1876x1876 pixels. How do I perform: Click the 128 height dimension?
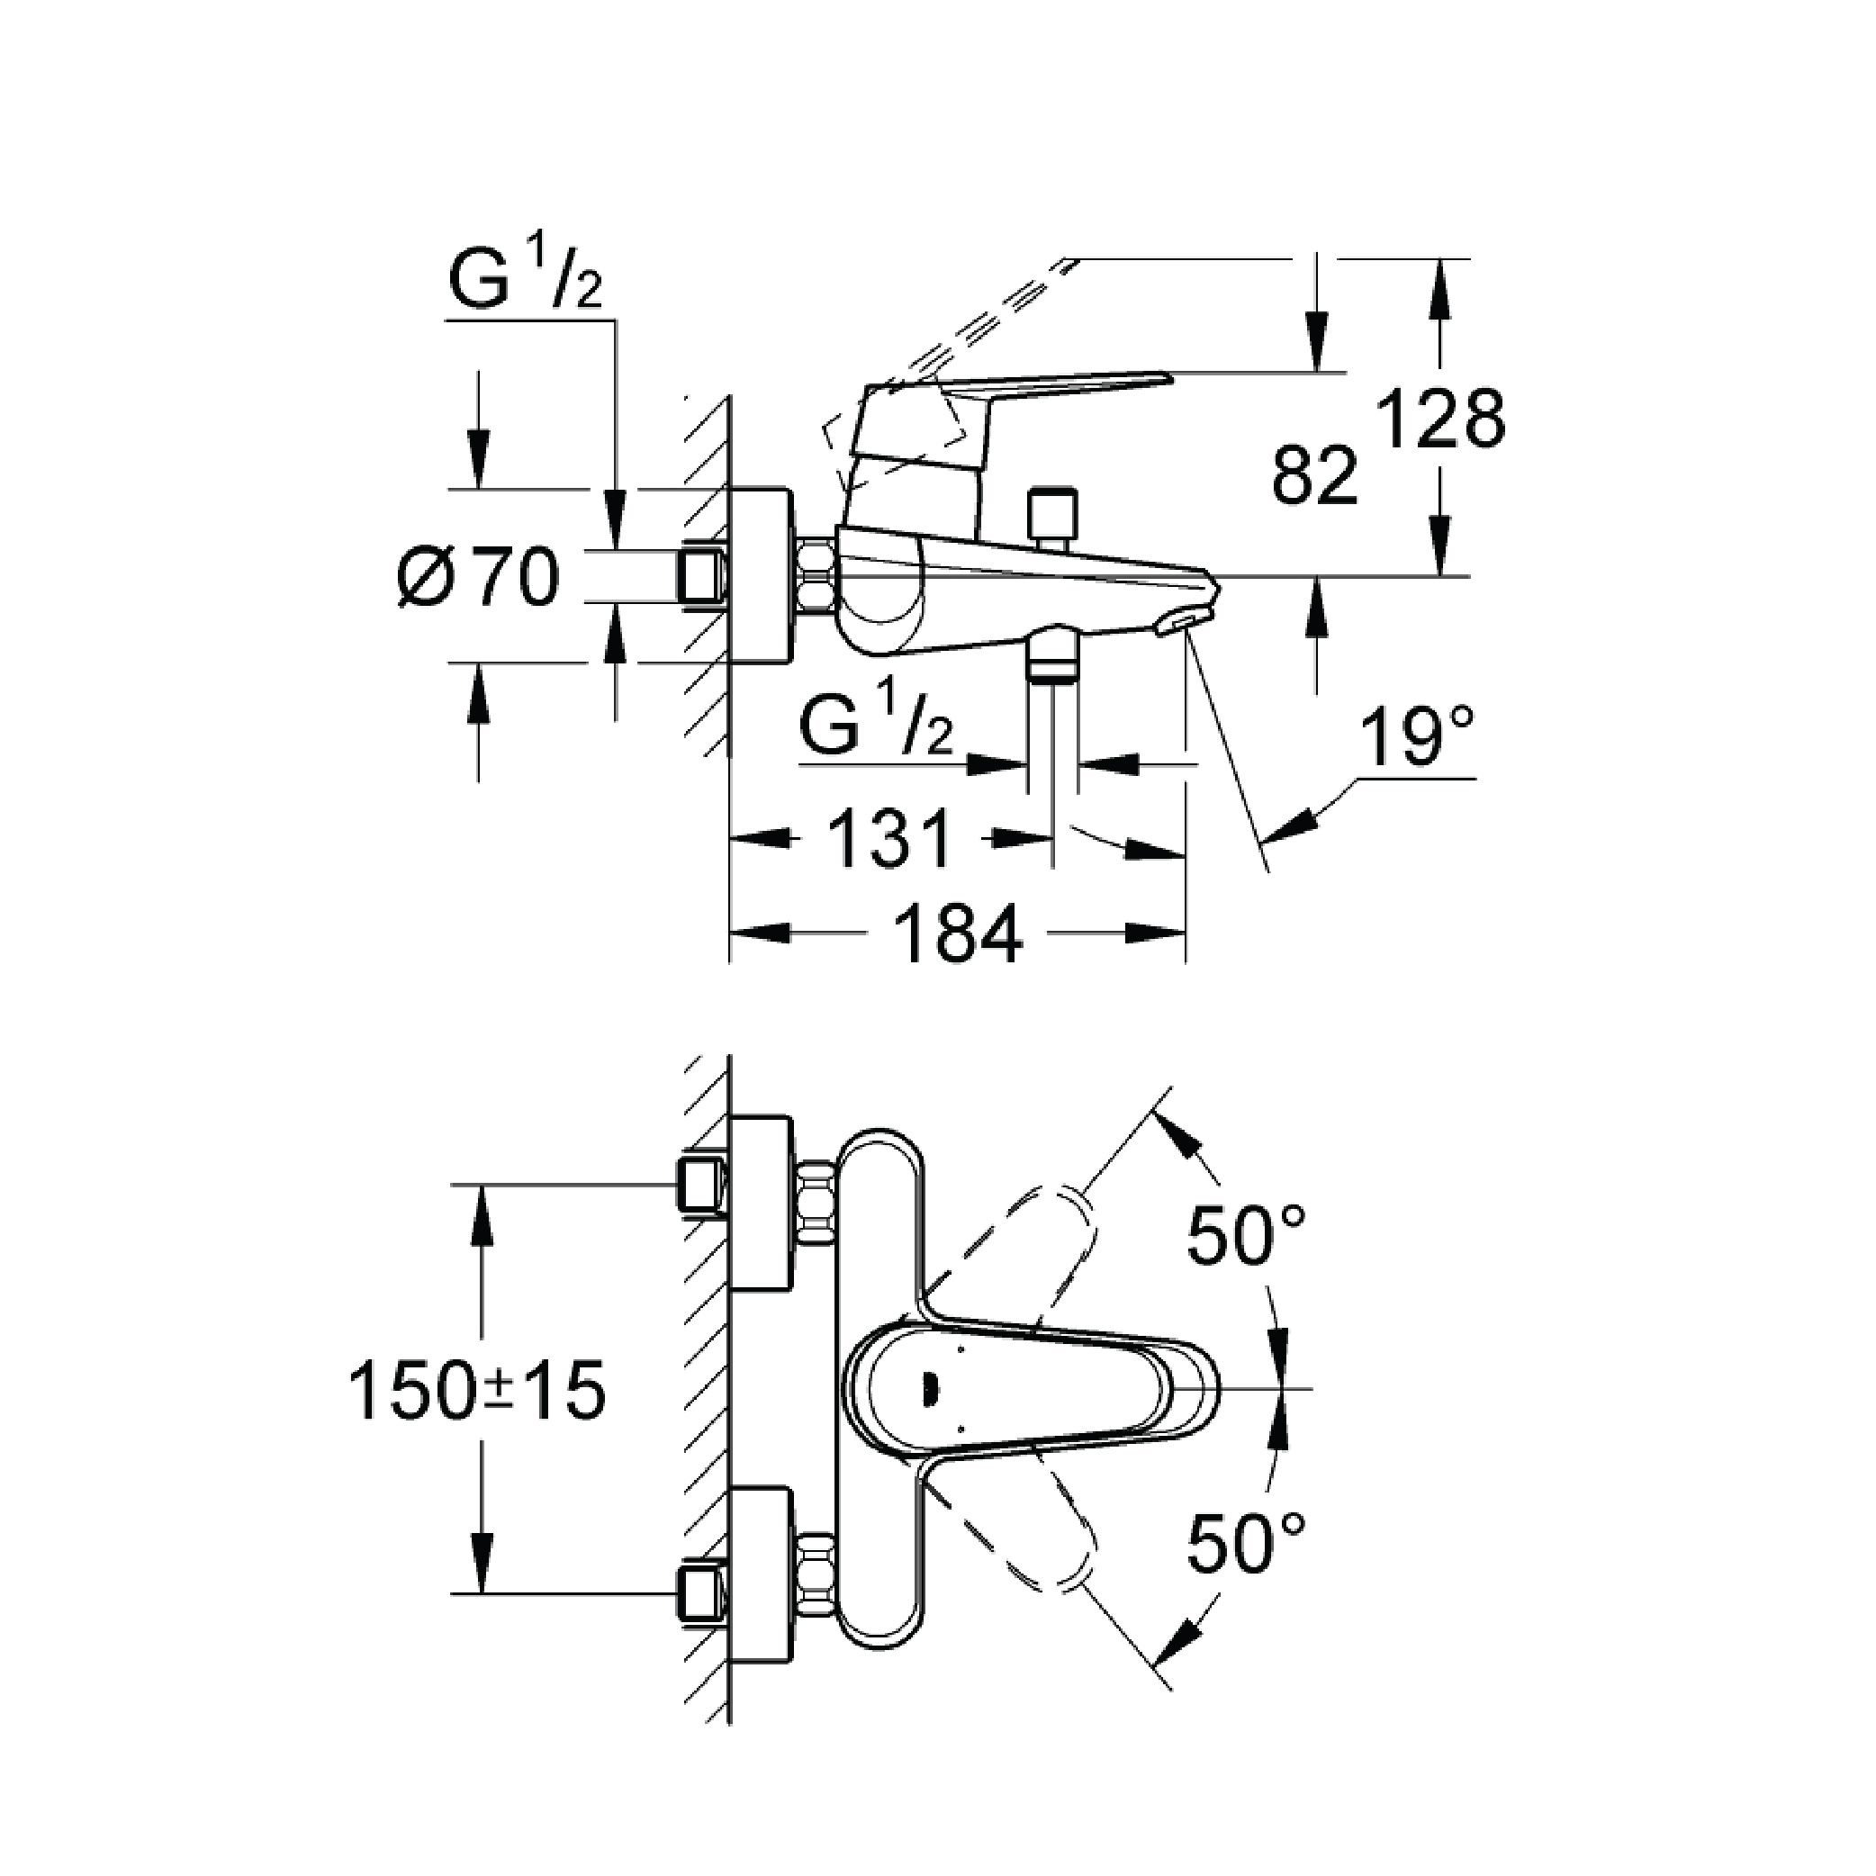pos(1442,420)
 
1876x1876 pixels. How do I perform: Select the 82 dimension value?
pos(1315,476)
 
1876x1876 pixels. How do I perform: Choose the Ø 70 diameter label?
pos(480,578)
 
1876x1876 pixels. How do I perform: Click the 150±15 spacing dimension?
pos(477,1391)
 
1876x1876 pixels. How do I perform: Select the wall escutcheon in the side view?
pos(761,577)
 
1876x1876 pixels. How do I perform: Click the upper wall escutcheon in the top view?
pos(761,1205)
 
